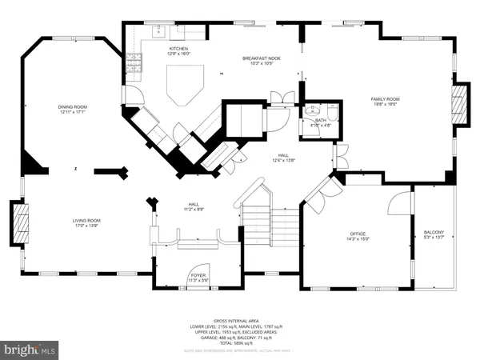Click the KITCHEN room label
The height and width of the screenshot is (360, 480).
click(178, 49)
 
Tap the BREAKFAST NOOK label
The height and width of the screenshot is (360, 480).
click(262, 58)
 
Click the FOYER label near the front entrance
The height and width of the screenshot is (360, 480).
click(198, 276)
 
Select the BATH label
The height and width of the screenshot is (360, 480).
click(320, 119)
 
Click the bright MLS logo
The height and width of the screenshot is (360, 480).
click(30, 349)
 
